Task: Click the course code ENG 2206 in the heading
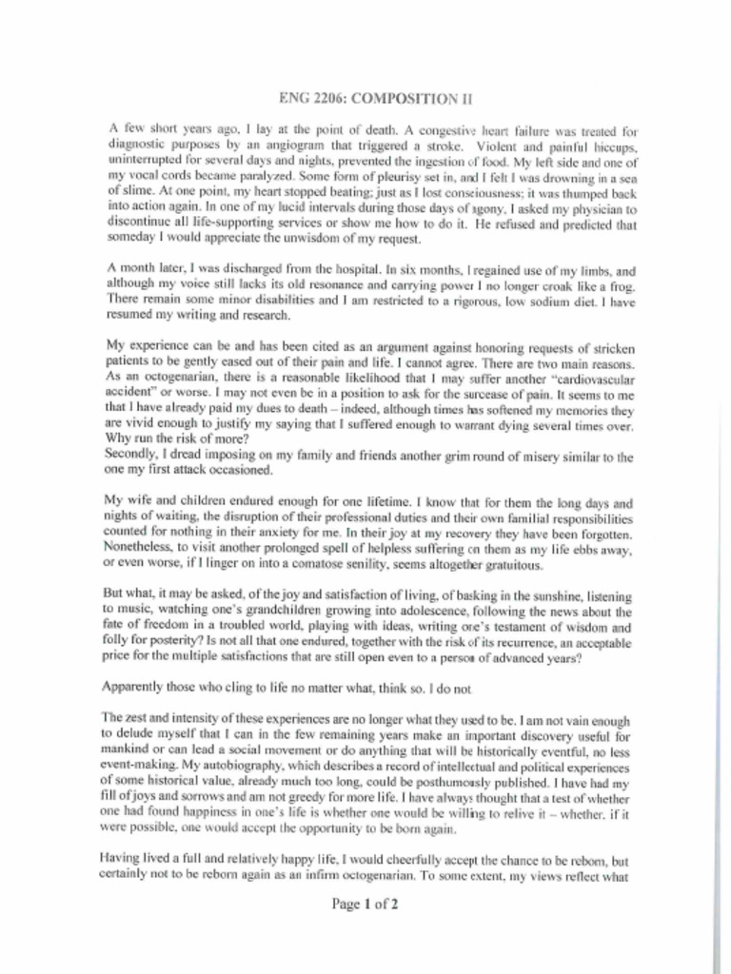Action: [309, 98]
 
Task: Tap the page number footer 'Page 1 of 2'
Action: [365, 905]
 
